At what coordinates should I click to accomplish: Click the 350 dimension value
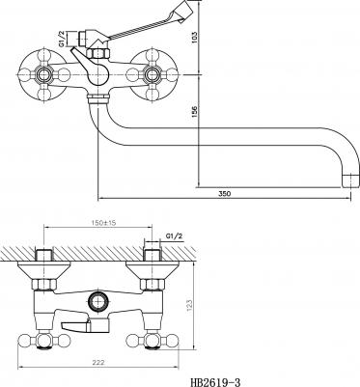pyautogui.click(x=225, y=194)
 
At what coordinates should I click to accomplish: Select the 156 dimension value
pyautogui.click(x=195, y=111)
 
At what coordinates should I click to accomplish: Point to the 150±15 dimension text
pyautogui.click(x=98, y=223)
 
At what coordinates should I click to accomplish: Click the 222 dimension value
pyautogui.click(x=98, y=363)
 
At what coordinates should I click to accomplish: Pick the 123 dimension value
pyautogui.click(x=189, y=306)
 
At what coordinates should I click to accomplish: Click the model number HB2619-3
pyautogui.click(x=215, y=382)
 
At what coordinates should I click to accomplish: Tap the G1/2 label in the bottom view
pyautogui.click(x=174, y=236)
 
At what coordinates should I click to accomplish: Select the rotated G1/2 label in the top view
pyautogui.click(x=62, y=40)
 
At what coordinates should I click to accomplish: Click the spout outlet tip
pyautogui.click(x=350, y=180)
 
